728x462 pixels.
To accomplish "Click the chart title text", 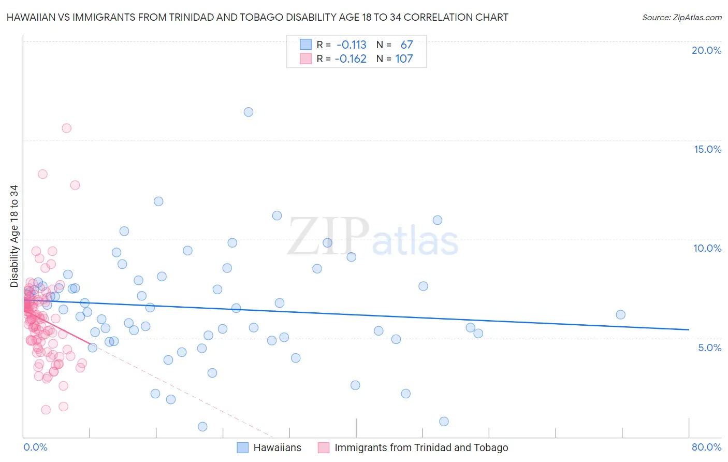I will pyautogui.click(x=256, y=18).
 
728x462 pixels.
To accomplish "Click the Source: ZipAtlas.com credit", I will pyautogui.click(x=681, y=18).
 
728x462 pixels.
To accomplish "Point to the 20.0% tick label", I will pyautogui.click(x=706, y=50).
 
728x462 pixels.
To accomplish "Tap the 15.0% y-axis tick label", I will pyautogui.click(x=707, y=149).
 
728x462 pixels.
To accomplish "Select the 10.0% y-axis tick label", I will pyautogui.click(x=707, y=248).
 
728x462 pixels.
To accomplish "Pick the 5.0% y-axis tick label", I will pyautogui.click(x=709, y=347).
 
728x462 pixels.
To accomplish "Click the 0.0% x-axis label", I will pyautogui.click(x=35, y=447).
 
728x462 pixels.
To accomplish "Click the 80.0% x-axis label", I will pyautogui.click(x=706, y=447).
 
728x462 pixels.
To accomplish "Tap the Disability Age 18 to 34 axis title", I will pyautogui.click(x=14, y=236).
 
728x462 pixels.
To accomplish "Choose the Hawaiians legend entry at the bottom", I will pyautogui.click(x=277, y=447).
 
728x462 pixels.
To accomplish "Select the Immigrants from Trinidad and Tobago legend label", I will pyautogui.click(x=421, y=447).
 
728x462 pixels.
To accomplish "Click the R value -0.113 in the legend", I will pyautogui.click(x=351, y=45).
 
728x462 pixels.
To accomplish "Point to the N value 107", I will pyautogui.click(x=404, y=59).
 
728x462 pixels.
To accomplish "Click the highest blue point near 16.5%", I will pyautogui.click(x=249, y=112).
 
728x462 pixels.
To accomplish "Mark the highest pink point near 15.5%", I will pyautogui.click(x=66, y=128).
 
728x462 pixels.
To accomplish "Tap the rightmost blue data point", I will pyautogui.click(x=620, y=314).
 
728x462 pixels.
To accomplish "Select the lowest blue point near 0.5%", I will pyautogui.click(x=202, y=426).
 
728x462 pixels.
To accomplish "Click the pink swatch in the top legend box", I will pyautogui.click(x=305, y=59).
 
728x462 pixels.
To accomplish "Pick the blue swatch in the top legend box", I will pyautogui.click(x=305, y=45).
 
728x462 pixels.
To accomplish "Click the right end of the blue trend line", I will pyautogui.click(x=689, y=329).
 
